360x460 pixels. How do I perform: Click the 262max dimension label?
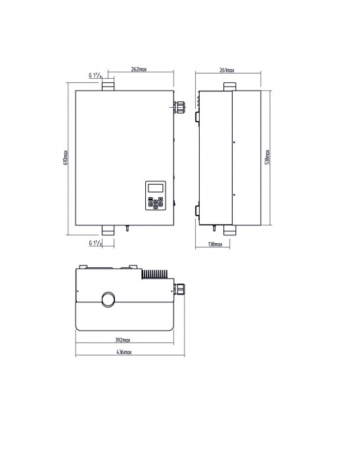[139, 69]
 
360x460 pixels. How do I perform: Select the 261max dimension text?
[227, 70]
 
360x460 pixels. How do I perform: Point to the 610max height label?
[66, 158]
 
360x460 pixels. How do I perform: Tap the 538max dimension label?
[267, 157]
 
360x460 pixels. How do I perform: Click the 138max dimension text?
[215, 244]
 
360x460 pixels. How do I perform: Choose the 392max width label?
[122, 340]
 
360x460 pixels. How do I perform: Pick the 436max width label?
[124, 352]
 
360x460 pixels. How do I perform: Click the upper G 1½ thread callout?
[95, 76]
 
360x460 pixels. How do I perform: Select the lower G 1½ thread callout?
[95, 243]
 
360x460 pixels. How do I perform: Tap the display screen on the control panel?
[156, 188]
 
